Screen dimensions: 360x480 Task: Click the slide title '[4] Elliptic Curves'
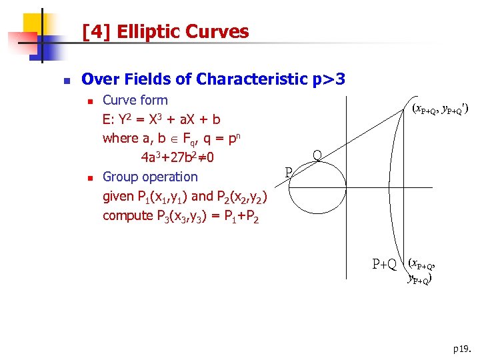pos(165,31)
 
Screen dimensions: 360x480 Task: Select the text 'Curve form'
pos(135,101)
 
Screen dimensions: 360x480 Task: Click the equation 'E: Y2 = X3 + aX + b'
pos(161,120)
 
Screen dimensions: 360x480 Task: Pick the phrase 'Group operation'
pos(150,177)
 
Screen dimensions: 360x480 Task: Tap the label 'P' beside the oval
pos(289,173)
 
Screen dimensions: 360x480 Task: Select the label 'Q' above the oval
pos(317,155)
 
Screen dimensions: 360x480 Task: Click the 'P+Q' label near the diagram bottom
pos(384,264)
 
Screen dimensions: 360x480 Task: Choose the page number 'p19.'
pos(461,348)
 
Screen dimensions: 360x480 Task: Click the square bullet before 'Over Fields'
pos(65,80)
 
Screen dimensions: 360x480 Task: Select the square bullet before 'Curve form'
pos(89,101)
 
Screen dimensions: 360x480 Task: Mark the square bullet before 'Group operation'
pos(89,177)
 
